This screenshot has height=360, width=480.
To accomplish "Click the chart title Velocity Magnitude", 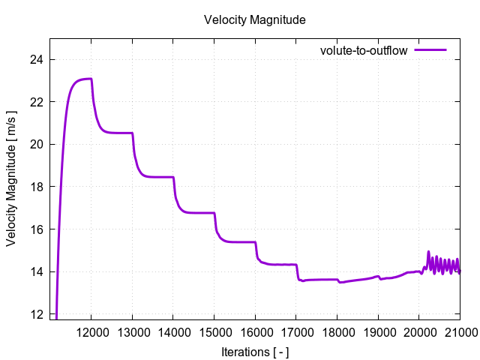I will click(x=254, y=20).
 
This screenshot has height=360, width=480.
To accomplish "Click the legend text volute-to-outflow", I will click(x=363, y=51).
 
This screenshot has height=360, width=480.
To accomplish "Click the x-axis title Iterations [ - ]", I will click(x=255, y=351).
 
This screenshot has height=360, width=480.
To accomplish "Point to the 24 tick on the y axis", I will click(x=37, y=59).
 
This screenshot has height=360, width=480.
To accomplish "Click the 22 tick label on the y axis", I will click(x=37, y=102).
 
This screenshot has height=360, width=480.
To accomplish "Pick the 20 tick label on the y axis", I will click(x=37, y=144).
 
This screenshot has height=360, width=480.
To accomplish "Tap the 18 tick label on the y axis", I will click(x=37, y=187).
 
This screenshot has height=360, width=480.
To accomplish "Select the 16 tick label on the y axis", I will click(x=37, y=229).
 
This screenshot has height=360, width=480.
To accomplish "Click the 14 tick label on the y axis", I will click(x=37, y=271).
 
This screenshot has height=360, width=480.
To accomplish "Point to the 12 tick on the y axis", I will click(x=37, y=313).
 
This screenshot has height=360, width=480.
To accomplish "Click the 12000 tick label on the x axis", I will click(x=91, y=331).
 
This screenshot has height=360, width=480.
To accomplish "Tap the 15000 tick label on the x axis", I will click(x=214, y=331).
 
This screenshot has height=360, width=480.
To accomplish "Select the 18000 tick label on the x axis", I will click(x=337, y=331).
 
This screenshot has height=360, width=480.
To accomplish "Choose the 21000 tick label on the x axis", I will click(x=458, y=331).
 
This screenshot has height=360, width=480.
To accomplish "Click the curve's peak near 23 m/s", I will click(x=88, y=79).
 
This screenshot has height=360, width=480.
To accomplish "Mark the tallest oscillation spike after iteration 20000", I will click(x=428, y=252).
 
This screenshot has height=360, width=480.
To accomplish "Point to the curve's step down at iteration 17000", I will click(x=297, y=272).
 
